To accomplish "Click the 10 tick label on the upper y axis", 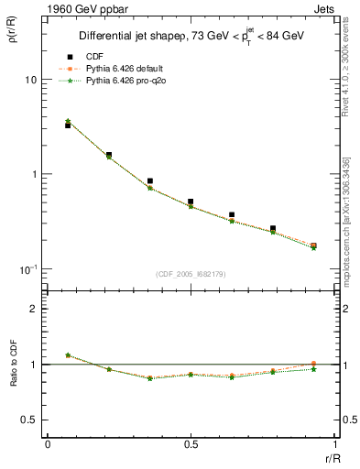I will (30, 80).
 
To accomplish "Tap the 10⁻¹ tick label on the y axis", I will (27, 268).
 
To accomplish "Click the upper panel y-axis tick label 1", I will (33, 174).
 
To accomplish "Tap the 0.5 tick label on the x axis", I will (191, 445).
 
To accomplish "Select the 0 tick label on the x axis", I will (48, 445).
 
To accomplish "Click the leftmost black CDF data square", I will (68, 125).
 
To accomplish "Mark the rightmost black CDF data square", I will (313, 245).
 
